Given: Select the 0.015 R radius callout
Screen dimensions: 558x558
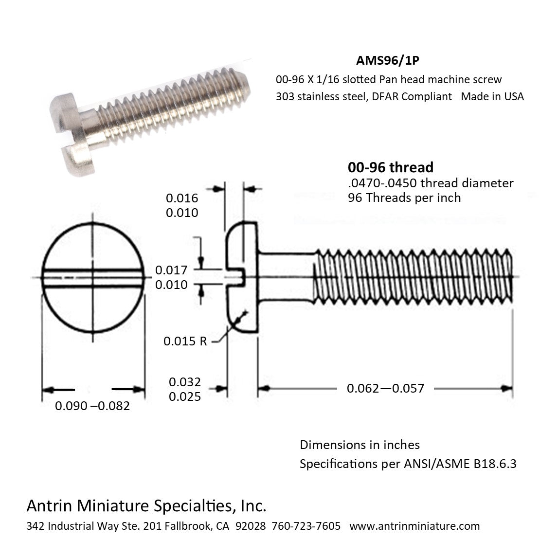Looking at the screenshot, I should click(185, 341).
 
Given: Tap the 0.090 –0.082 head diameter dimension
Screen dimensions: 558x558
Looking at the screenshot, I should click(92, 406).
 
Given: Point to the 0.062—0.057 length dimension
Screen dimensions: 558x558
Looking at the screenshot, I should click(385, 388).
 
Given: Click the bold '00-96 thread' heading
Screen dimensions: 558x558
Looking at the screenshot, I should click(390, 167).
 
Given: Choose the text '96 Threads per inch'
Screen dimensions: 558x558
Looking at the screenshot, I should click(404, 198).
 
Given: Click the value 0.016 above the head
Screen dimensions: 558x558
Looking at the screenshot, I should click(182, 198).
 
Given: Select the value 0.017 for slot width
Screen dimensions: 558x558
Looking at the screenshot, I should click(171, 270).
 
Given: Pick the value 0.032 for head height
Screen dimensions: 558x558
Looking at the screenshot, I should click(185, 382).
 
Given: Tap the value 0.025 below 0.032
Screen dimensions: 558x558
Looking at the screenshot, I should click(185, 396).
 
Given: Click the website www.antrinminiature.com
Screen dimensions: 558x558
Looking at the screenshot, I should click(414, 526).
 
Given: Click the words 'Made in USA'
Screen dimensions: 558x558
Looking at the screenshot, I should click(492, 96).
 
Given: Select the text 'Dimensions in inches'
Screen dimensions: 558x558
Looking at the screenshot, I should click(360, 445).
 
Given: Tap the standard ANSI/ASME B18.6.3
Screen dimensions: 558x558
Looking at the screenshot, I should click(460, 464).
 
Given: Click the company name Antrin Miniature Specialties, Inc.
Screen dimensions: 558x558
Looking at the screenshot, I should click(146, 506).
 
